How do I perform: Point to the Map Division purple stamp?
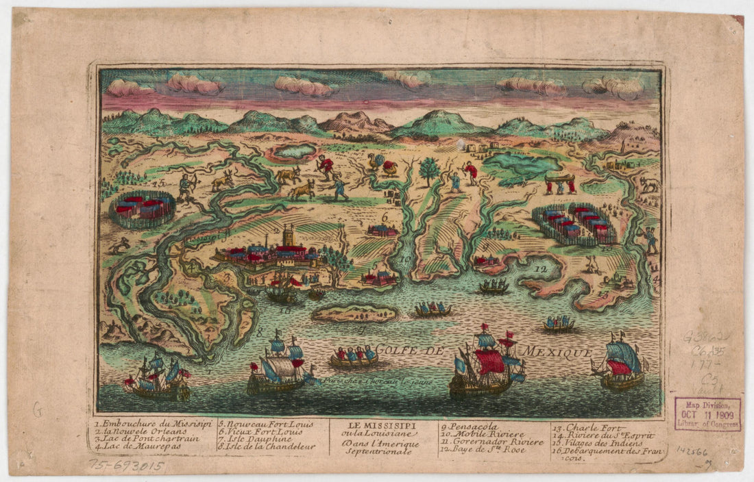(707, 414)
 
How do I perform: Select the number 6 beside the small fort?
(385, 217)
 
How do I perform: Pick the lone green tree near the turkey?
(430, 168)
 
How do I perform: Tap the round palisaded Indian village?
(143, 209)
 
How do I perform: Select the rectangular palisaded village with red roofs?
(574, 224)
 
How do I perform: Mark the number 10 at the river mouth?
(406, 259)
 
